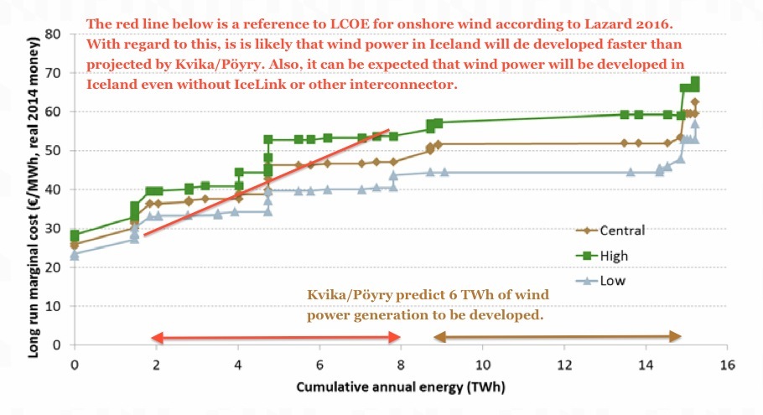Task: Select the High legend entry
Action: [613, 256]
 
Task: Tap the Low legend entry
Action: [611, 281]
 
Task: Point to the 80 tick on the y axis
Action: [54, 34]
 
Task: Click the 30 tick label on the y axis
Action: [54, 228]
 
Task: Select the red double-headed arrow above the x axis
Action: [276, 338]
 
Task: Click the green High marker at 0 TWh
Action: [75, 236]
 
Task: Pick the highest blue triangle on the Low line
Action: [694, 124]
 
